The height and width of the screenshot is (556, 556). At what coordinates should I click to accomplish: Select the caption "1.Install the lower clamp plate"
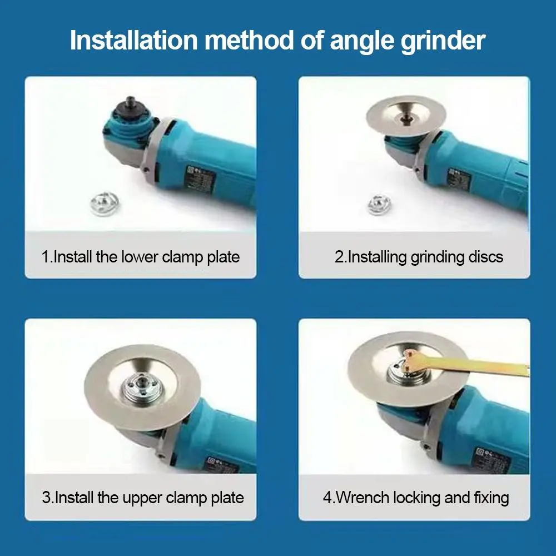[x=141, y=257]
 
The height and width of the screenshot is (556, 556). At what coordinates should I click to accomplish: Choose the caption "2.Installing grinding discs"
[x=419, y=257]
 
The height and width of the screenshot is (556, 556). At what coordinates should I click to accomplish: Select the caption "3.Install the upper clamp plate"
[x=143, y=497]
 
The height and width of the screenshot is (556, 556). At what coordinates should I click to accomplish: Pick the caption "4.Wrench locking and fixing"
[x=416, y=497]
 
